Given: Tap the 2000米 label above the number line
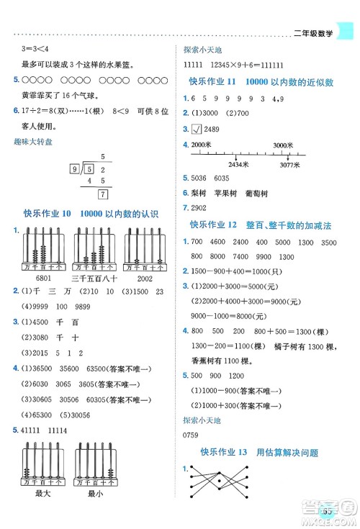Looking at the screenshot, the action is pos(204,145).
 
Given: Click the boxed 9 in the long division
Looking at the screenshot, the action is pos(74,169).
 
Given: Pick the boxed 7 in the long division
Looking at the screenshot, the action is pos(103,194).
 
